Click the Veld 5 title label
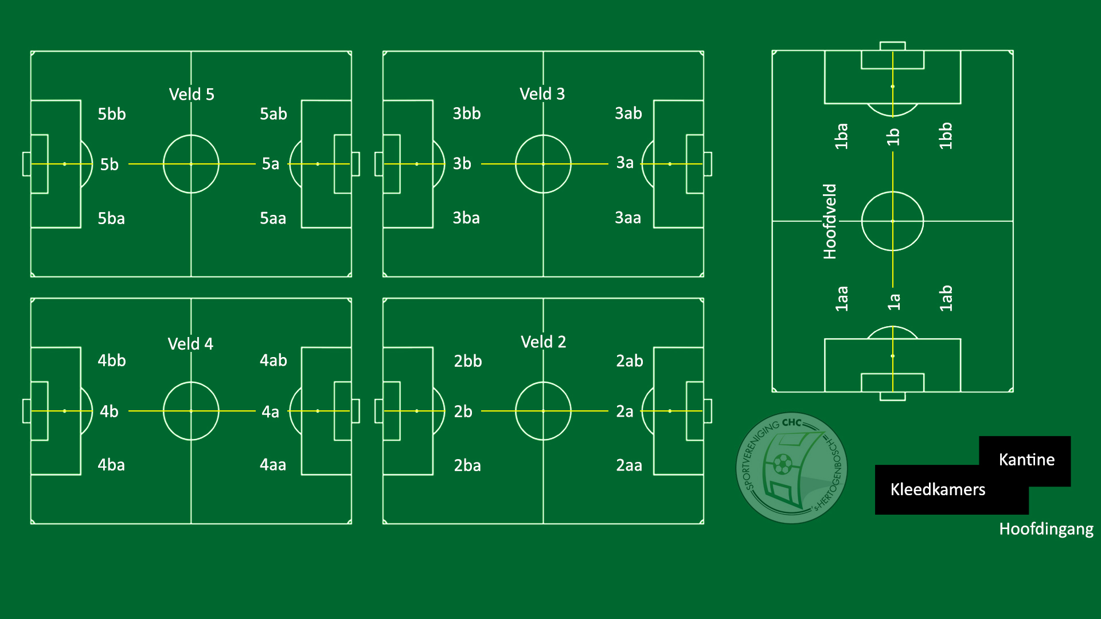[192, 95]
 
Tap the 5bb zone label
[111, 114]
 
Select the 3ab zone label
[628, 113]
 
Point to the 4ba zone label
[111, 465]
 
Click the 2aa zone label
[629, 465]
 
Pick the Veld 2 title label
[543, 342]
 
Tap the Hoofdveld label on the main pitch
[830, 221]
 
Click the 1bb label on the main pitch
[946, 136]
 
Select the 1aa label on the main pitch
[841, 299]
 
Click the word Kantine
[1026, 460]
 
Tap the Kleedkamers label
[938, 489]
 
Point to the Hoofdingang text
[1046, 529]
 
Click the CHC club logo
[791, 468]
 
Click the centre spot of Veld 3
[543, 164]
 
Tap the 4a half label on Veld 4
[270, 412]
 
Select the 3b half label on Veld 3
[462, 164]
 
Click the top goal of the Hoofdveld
[892, 46]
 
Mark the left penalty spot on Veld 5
[65, 164]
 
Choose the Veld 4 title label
[190, 344]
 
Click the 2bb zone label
[468, 361]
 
